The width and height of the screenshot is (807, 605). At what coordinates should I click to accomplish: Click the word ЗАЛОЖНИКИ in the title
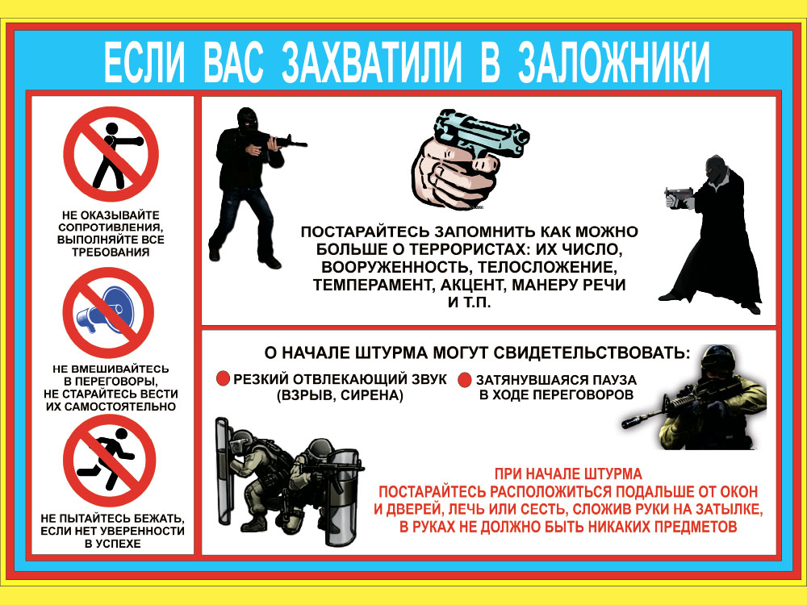click(614, 62)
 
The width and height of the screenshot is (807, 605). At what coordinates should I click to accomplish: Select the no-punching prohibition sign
click(111, 154)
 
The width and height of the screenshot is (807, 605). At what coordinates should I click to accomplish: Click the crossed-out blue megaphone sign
click(109, 313)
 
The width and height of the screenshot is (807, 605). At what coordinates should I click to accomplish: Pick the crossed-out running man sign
click(109, 461)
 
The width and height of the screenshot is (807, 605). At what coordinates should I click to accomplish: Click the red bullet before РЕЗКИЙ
click(223, 378)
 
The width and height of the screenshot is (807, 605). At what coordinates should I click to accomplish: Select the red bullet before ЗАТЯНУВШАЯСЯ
click(464, 380)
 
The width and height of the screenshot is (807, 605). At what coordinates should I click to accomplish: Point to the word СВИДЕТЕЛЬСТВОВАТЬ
click(592, 353)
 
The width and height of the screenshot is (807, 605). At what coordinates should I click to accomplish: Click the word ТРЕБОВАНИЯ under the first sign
click(111, 252)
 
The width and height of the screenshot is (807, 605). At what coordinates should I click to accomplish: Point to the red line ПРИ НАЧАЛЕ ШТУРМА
click(568, 474)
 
